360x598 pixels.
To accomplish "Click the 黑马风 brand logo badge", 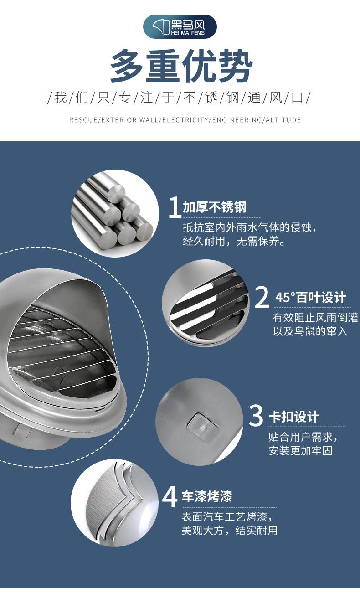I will (180, 26).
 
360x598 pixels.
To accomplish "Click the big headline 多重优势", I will (180, 66).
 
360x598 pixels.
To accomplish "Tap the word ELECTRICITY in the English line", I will (185, 120).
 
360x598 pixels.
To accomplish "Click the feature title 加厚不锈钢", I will (214, 208).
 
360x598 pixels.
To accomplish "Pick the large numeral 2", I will (262, 297).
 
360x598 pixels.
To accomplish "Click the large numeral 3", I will (257, 415).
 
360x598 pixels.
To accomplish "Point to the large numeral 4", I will (170, 496).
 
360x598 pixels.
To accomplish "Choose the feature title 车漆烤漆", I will (207, 496).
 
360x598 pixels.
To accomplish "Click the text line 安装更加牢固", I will (300, 451).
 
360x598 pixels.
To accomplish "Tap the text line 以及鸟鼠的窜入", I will (310, 331).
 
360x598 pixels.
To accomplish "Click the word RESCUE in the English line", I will (83, 120).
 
